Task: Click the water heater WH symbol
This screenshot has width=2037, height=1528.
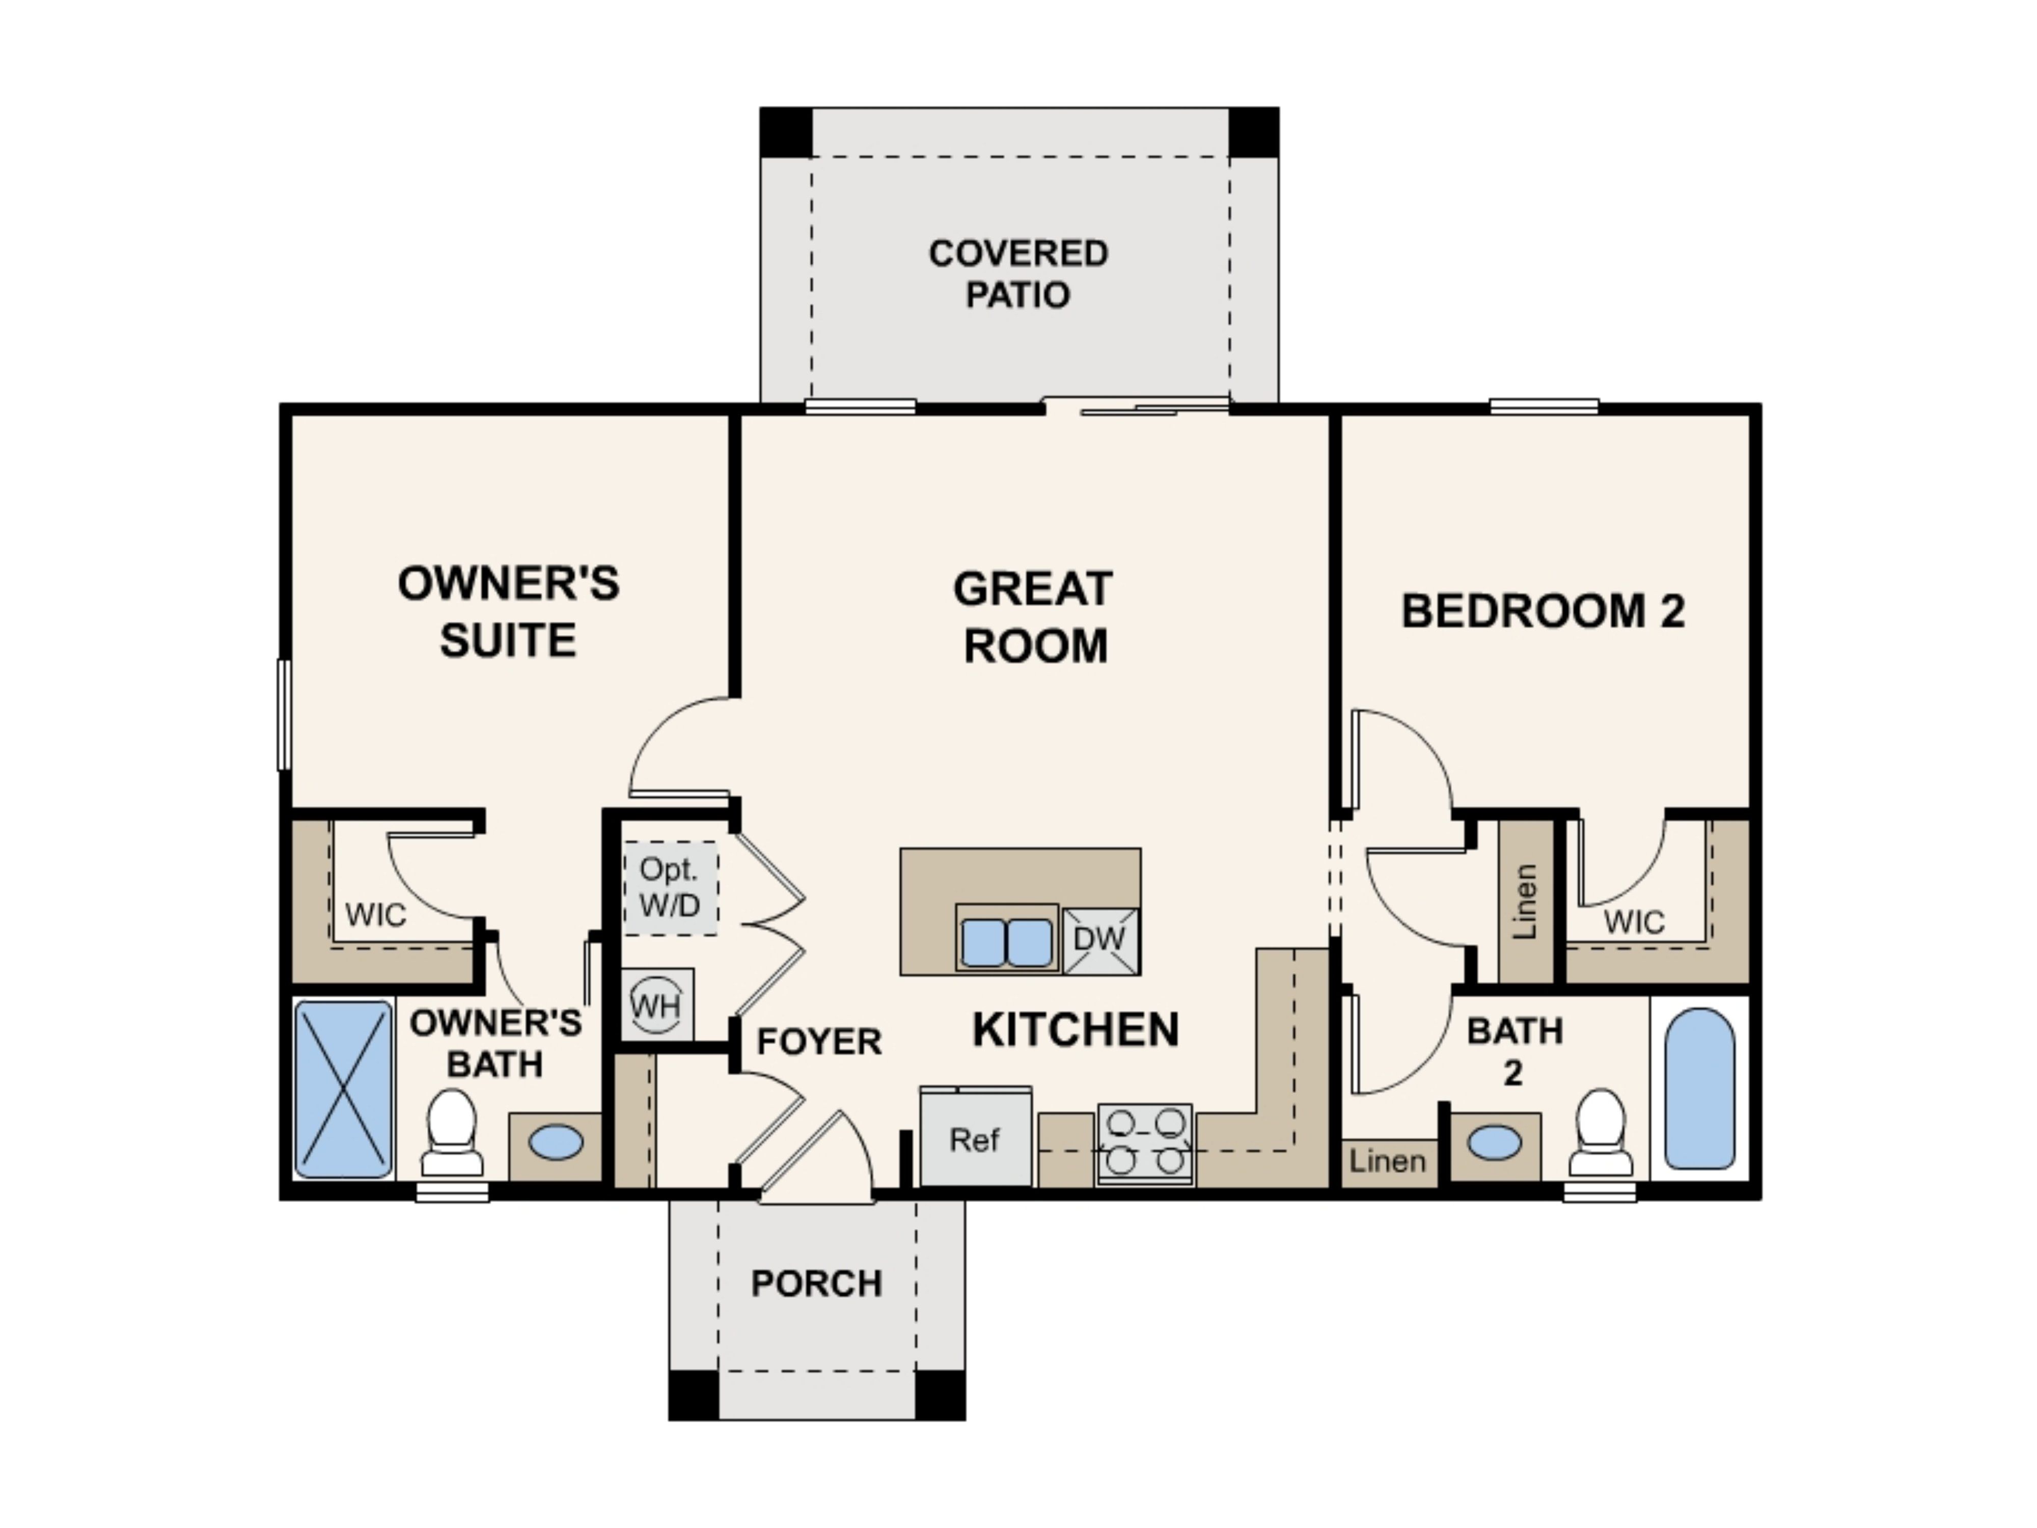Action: click(x=656, y=1005)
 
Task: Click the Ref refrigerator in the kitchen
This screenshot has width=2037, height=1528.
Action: click(x=975, y=1138)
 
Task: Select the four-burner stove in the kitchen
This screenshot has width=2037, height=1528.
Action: click(x=1145, y=1144)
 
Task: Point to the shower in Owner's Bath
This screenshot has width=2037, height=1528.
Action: click(x=343, y=1089)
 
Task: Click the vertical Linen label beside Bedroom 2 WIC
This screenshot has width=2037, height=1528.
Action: click(x=1525, y=901)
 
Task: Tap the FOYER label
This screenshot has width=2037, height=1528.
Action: click(x=819, y=1042)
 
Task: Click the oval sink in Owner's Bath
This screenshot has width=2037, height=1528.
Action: click(x=556, y=1143)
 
